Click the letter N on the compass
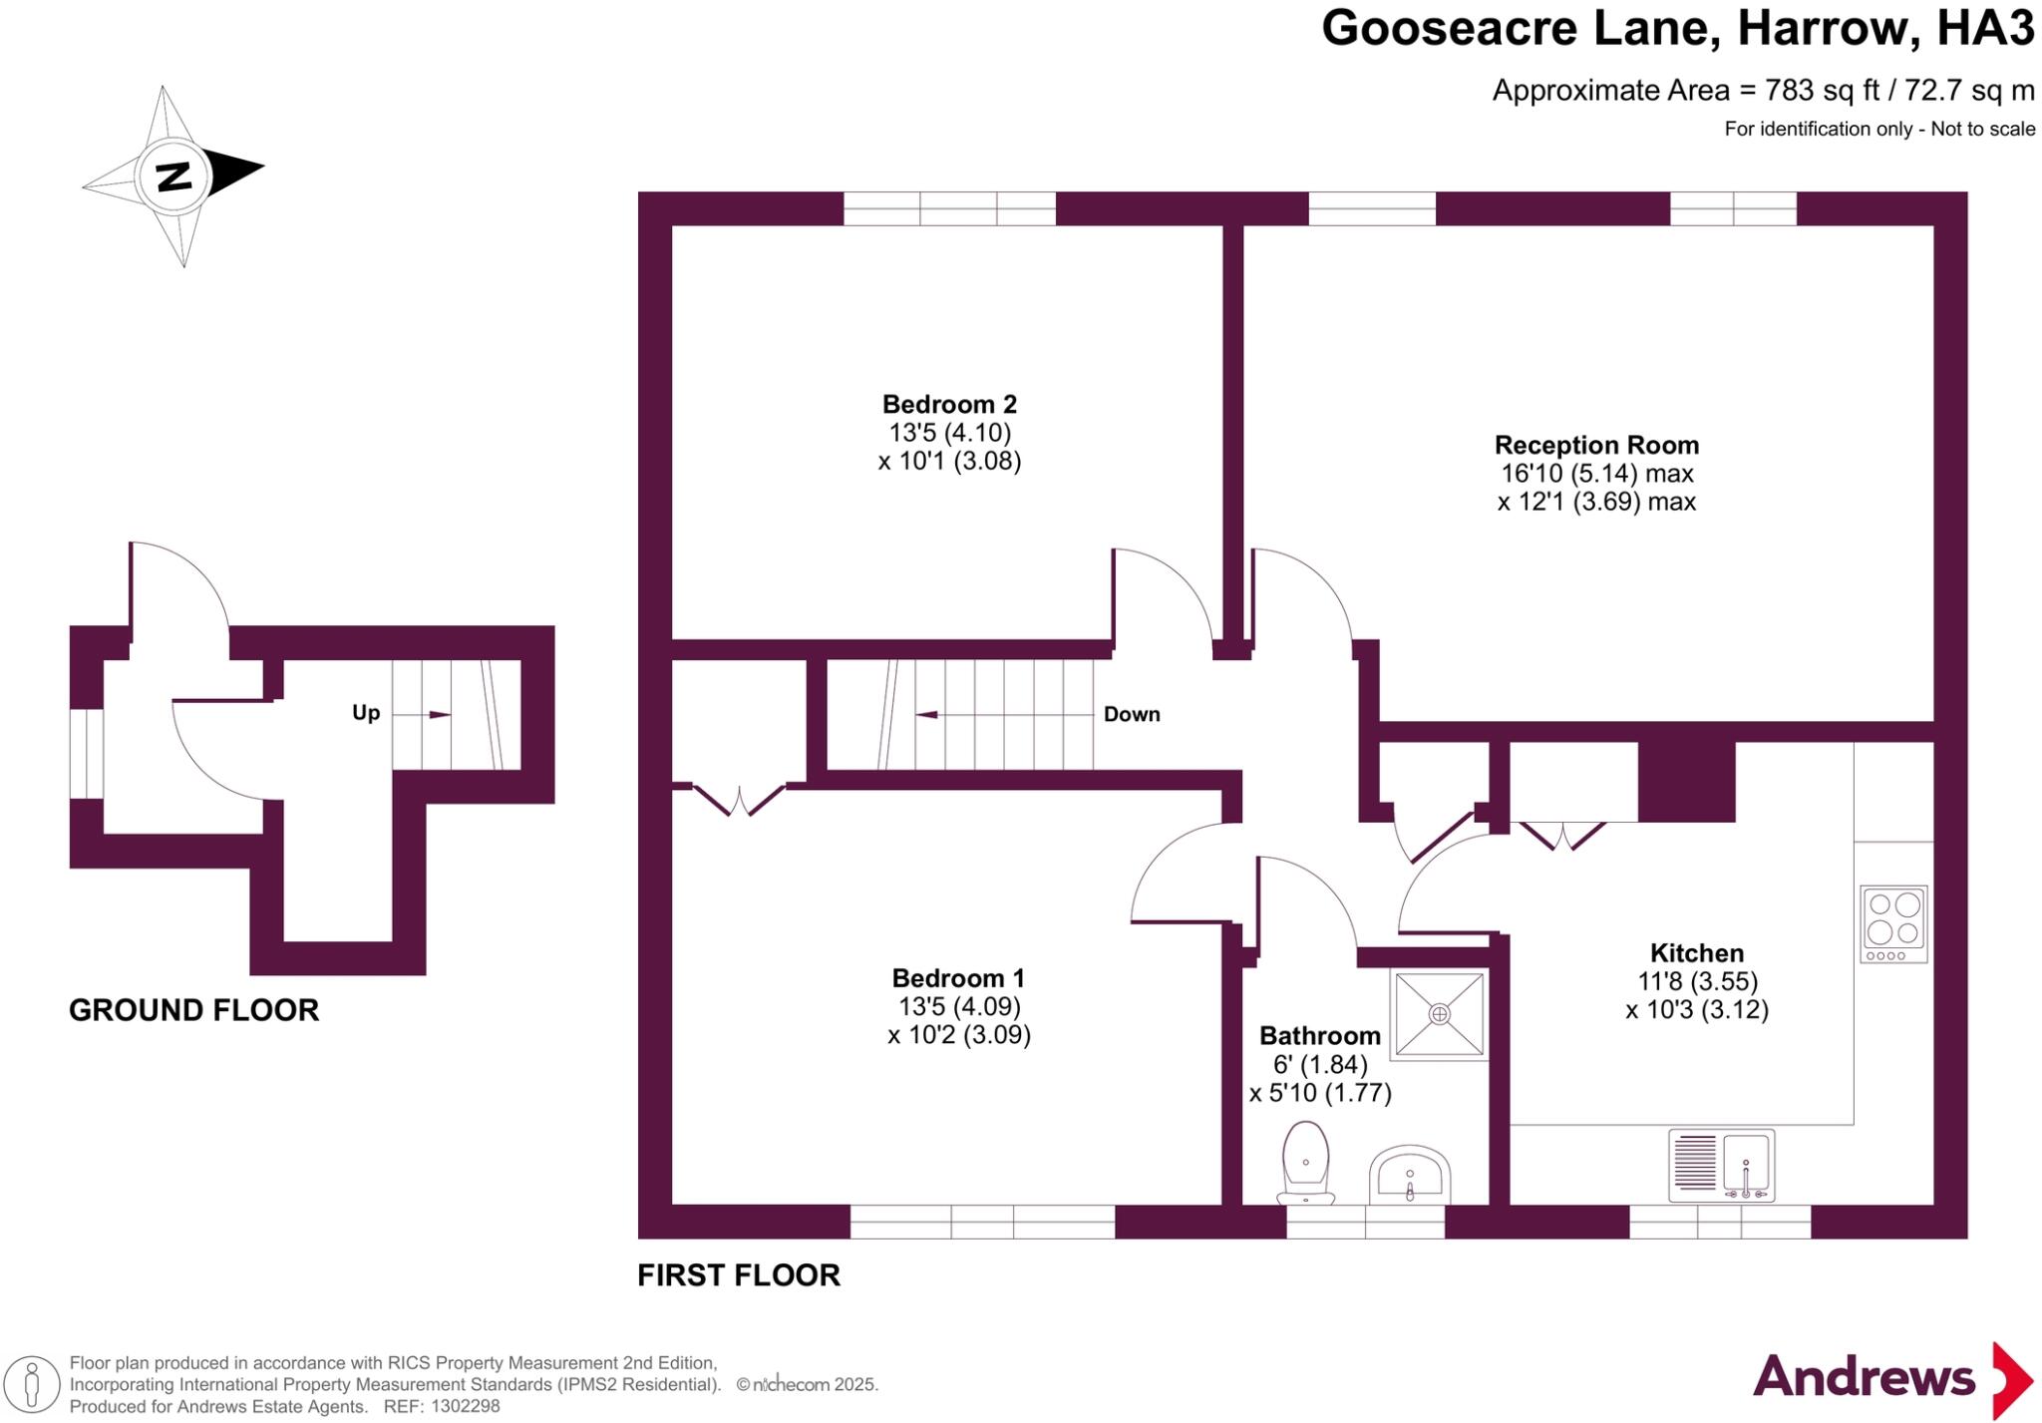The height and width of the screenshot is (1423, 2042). pos(174,178)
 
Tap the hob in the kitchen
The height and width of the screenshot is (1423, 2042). pos(1893,923)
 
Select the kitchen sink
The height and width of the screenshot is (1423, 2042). pos(1722,1165)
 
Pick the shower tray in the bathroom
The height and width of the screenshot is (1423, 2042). pos(1439,1014)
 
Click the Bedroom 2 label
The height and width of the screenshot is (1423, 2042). pos(949,404)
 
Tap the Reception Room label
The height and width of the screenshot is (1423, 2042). pos(1596,445)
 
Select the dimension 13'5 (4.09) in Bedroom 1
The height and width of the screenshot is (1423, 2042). pos(958,1006)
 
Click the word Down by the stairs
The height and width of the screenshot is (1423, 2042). pos(1132,714)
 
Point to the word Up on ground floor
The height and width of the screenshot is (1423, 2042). pos(366,713)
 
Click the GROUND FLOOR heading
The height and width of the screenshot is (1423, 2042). pos(193,1010)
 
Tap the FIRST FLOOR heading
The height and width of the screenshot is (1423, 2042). pos(739,1274)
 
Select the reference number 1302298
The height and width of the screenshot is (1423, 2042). pos(463,1406)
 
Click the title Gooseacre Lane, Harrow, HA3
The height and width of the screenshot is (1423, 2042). pos(1677,28)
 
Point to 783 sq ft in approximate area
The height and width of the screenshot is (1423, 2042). pos(1822,91)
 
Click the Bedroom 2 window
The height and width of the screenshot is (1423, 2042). pos(949,208)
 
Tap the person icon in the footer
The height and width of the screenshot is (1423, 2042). pos(32,1384)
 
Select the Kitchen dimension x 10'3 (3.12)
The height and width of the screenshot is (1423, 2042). pos(1697,1010)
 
